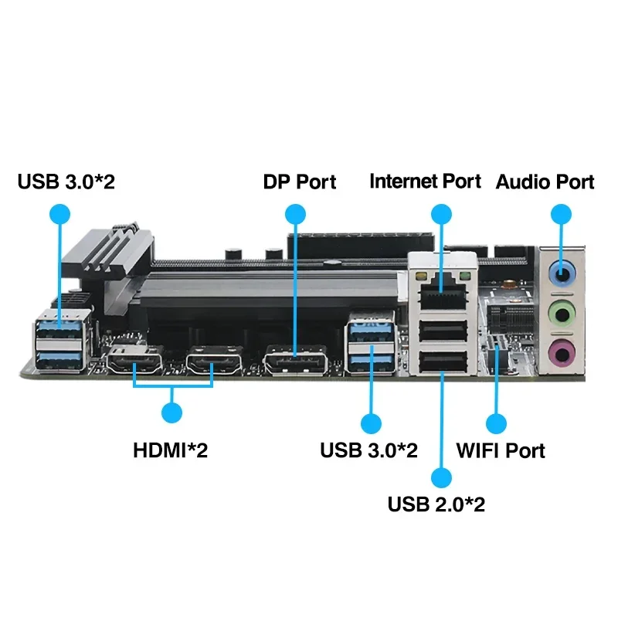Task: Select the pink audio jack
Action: pyautogui.click(x=562, y=355)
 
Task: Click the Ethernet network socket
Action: pyautogui.click(x=442, y=287)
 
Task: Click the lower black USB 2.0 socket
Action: pyautogui.click(x=442, y=361)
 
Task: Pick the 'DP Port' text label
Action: pyautogui.click(x=300, y=182)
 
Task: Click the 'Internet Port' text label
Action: pyautogui.click(x=425, y=182)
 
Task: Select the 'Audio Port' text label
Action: pyautogui.click(x=545, y=182)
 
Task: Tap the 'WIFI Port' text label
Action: pyautogui.click(x=501, y=450)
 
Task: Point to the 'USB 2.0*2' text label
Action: pyautogui.click(x=436, y=504)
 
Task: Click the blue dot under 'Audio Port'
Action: pyautogui.click(x=561, y=214)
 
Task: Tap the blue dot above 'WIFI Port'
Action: pyautogui.click(x=496, y=423)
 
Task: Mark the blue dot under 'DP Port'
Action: pyautogui.click(x=294, y=214)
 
